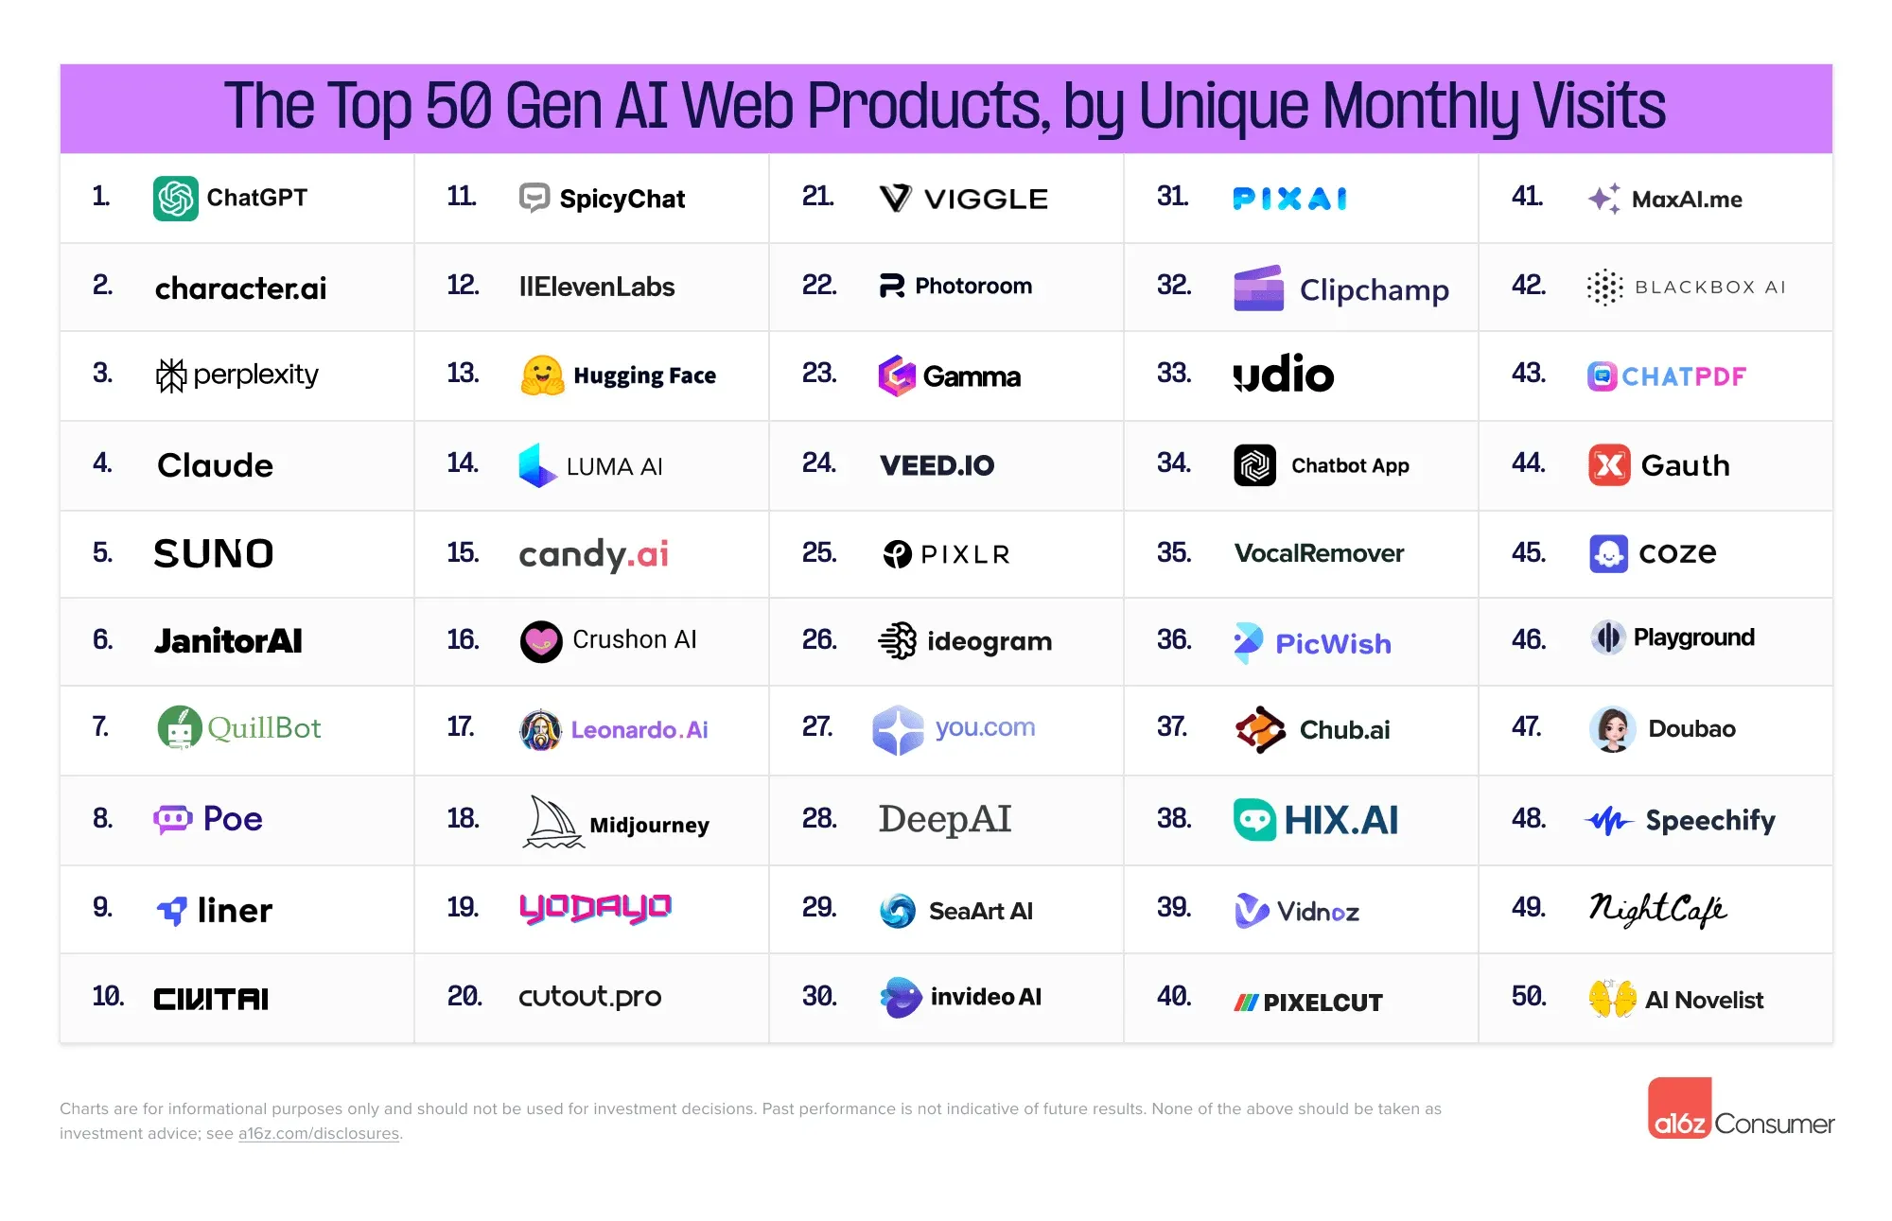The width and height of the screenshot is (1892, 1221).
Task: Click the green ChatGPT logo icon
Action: coord(176,199)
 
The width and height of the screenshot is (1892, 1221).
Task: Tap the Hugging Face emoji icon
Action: coord(542,375)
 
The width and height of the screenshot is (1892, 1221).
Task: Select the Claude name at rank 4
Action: coord(215,465)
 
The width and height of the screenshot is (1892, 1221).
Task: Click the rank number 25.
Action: coord(819,552)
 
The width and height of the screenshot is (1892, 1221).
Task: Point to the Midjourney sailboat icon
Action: coord(553,822)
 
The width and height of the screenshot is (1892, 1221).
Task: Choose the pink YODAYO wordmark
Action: coord(595,908)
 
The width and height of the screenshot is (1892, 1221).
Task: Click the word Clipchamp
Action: coord(1374,289)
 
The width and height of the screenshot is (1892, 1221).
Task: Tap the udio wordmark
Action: coord(1284,375)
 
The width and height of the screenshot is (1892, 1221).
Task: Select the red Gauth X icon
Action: coord(1609,465)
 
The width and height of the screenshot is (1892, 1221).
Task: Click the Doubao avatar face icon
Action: coord(1613,728)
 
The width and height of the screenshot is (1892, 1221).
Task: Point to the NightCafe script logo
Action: coord(1657,909)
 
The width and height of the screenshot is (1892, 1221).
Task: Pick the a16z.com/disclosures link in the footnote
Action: coord(319,1133)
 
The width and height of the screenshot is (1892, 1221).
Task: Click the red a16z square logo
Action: coord(1680,1108)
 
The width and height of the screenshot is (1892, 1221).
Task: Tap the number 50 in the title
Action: coord(459,106)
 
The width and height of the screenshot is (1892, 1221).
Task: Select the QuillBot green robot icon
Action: coord(180,727)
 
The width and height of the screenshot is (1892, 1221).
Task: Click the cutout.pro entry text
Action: coord(589,997)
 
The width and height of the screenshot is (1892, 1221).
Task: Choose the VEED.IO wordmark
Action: coord(937,465)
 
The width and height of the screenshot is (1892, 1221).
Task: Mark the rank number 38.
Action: coord(1174,818)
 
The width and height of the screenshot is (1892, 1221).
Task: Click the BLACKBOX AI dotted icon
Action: coord(1604,288)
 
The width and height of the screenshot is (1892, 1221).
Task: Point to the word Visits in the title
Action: coord(1599,106)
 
